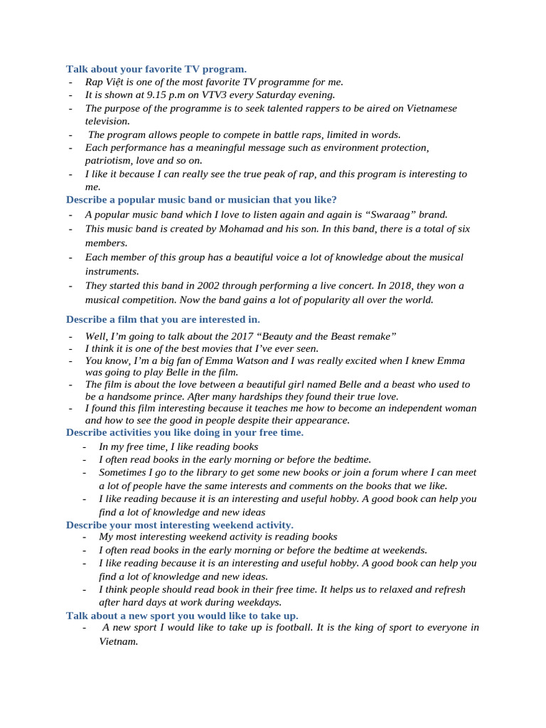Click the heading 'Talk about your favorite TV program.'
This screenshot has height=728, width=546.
(156, 69)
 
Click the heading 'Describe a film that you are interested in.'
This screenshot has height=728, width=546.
(163, 319)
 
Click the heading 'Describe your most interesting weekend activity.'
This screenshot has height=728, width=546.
(179, 525)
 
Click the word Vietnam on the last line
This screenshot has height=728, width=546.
(117, 641)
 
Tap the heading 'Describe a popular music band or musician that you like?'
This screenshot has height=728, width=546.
(201, 199)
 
